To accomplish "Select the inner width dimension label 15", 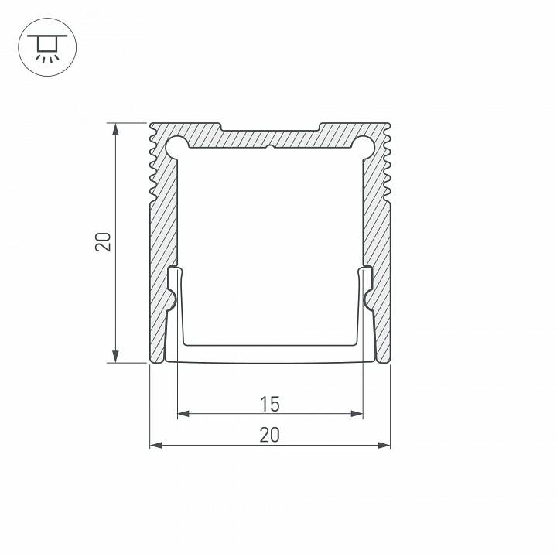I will pos(269,404).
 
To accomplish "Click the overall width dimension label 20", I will pos(269,436).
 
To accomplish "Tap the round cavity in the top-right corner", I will pos(363,146).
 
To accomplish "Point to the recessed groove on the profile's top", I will pos(269,126).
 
